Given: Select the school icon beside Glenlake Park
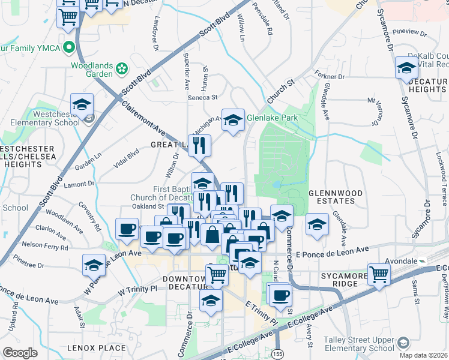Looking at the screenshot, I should [x=233, y=119].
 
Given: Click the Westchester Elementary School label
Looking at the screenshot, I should [x=41, y=117].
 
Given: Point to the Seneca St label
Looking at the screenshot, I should [x=204, y=97].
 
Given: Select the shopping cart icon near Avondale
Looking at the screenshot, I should [x=379, y=274].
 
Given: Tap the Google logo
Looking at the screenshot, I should [x=20, y=352].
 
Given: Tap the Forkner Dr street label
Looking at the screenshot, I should [x=329, y=77].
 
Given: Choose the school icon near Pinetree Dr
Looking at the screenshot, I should [x=94, y=265].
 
